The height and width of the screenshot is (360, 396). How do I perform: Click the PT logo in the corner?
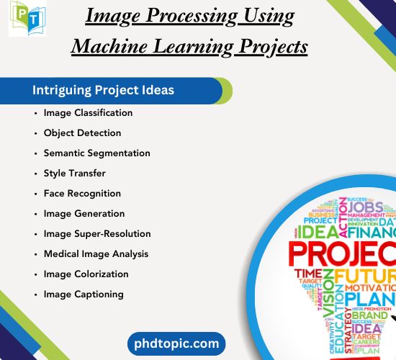(x=27, y=19)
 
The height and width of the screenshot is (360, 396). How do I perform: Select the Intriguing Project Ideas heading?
(x=103, y=91)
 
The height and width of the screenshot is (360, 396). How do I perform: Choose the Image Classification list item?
(x=88, y=113)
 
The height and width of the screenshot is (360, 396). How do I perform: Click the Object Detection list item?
(x=82, y=133)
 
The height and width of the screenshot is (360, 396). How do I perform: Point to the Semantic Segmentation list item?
(x=96, y=153)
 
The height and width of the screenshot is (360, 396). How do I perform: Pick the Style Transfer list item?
(x=74, y=174)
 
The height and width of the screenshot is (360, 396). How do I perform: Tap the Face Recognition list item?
(x=82, y=194)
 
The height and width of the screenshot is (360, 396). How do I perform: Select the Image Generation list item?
(x=84, y=214)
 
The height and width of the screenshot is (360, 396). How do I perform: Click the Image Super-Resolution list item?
(x=97, y=234)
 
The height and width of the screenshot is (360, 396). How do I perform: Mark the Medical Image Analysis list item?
(x=96, y=254)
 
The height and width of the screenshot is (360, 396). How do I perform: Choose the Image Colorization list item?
(x=86, y=274)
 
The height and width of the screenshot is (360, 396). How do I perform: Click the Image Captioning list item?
(x=84, y=294)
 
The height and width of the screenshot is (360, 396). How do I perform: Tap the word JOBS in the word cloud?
(x=366, y=208)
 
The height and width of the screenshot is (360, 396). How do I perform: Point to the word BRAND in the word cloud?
(x=369, y=315)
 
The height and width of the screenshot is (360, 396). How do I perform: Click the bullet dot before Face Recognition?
(x=35, y=194)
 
